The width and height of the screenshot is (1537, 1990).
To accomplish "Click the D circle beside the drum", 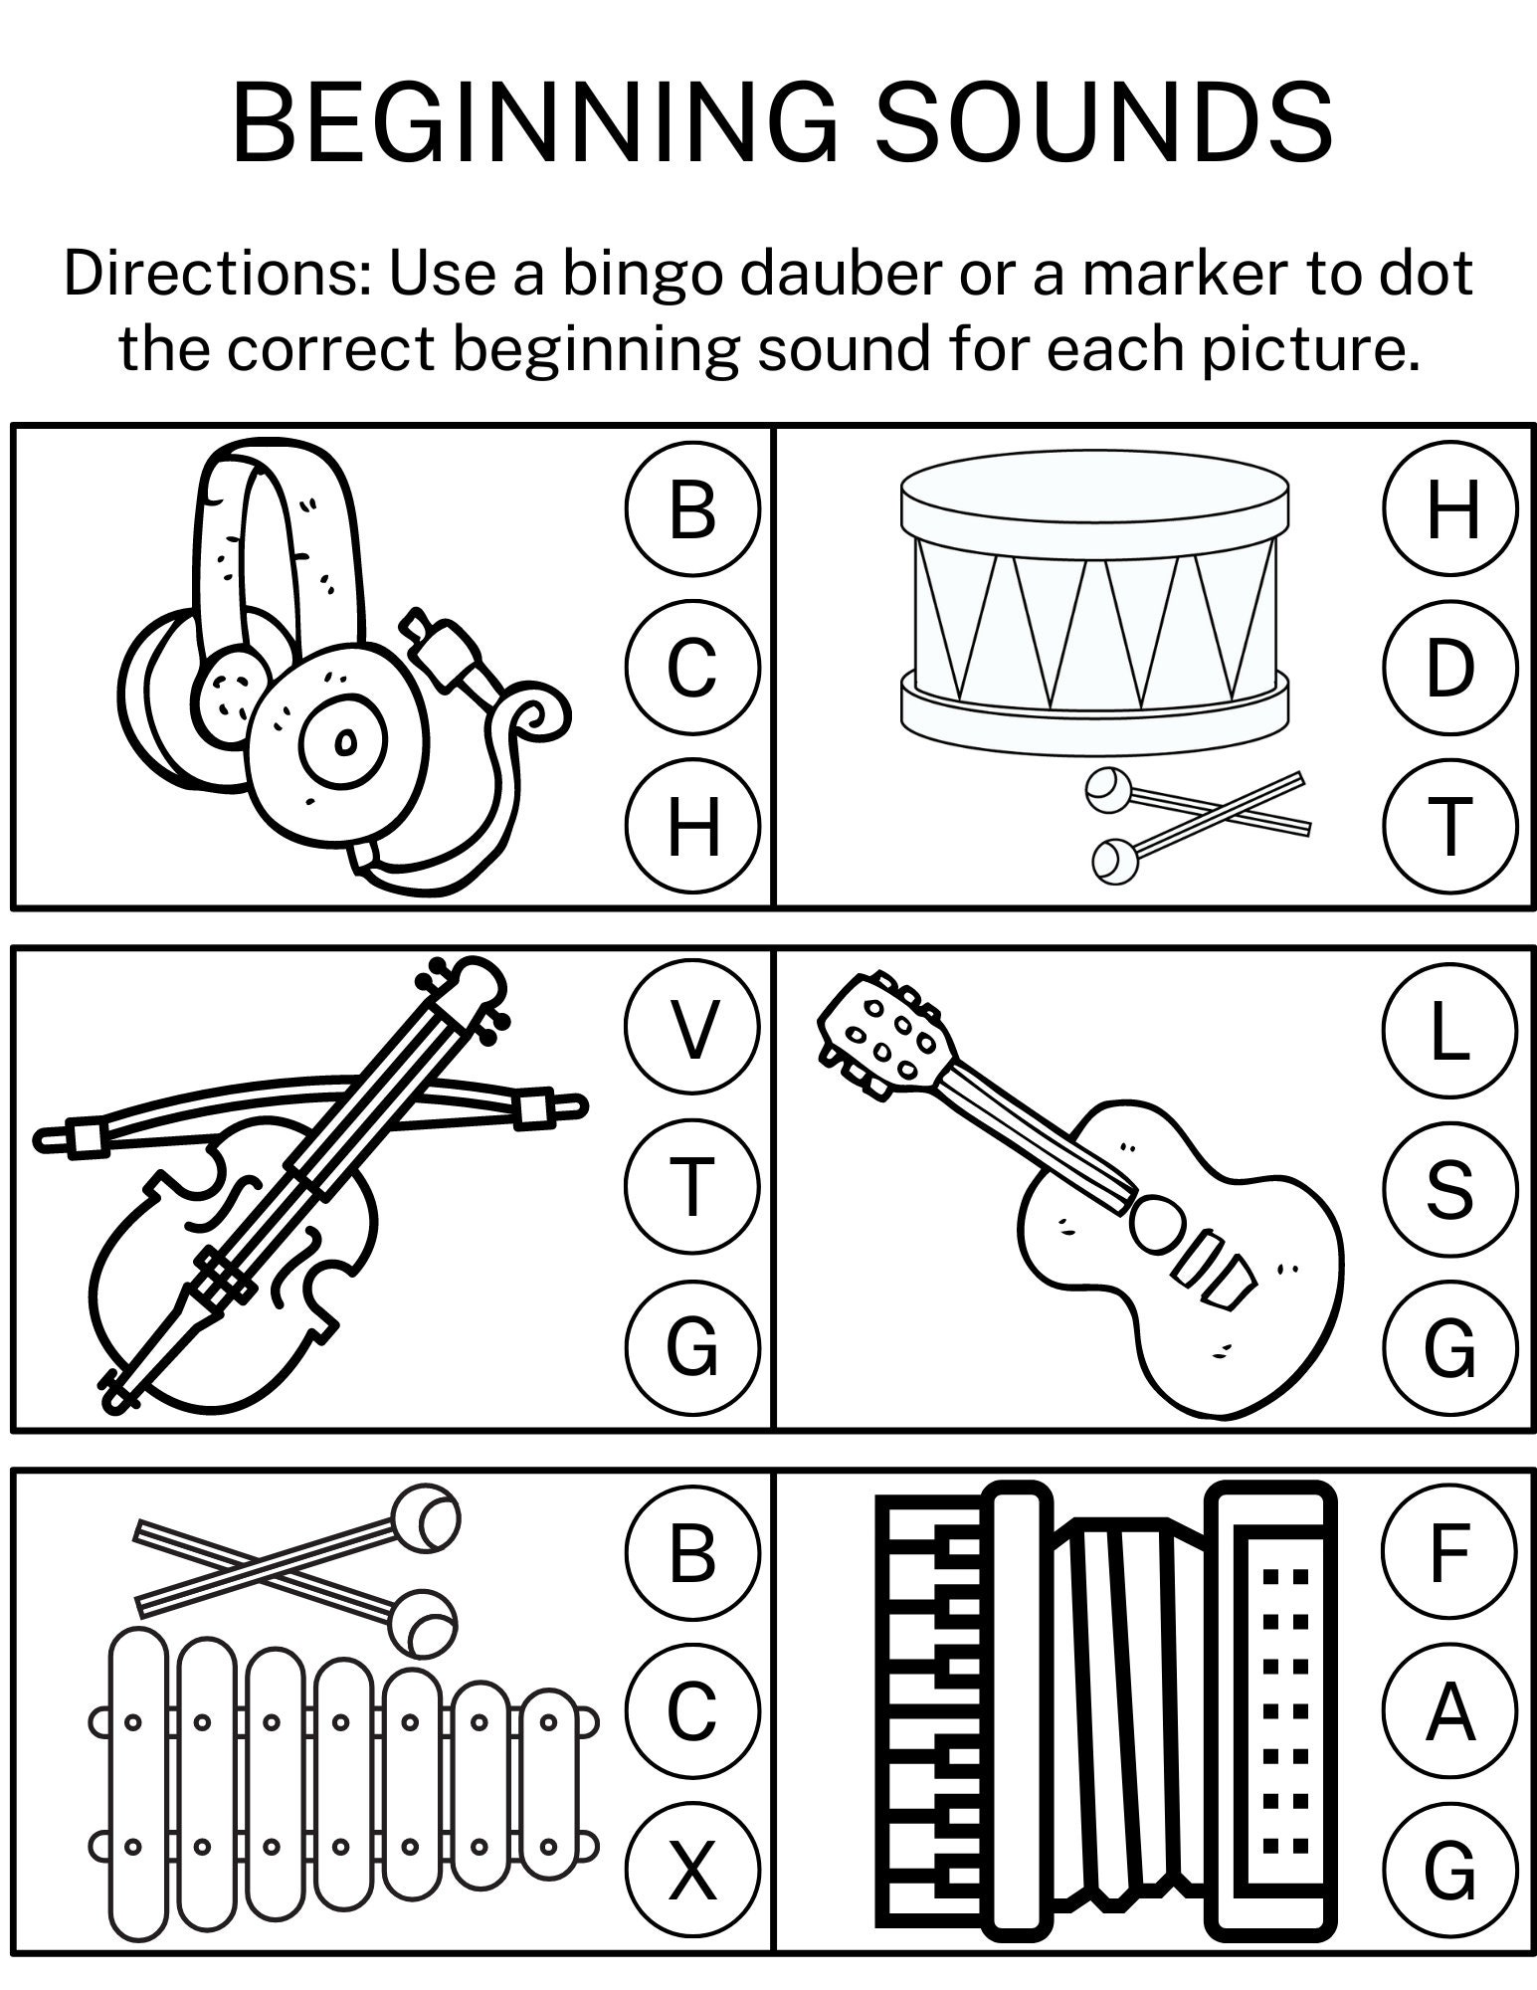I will [1449, 668].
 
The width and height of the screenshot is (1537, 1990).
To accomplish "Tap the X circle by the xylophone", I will [692, 1870].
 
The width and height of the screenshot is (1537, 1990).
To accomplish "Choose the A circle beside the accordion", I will [1449, 1711].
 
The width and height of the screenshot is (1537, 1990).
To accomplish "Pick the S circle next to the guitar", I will [1449, 1189].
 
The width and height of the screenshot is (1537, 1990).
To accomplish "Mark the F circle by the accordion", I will [1449, 1551].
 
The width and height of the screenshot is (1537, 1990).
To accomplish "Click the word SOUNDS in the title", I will [1104, 123].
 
